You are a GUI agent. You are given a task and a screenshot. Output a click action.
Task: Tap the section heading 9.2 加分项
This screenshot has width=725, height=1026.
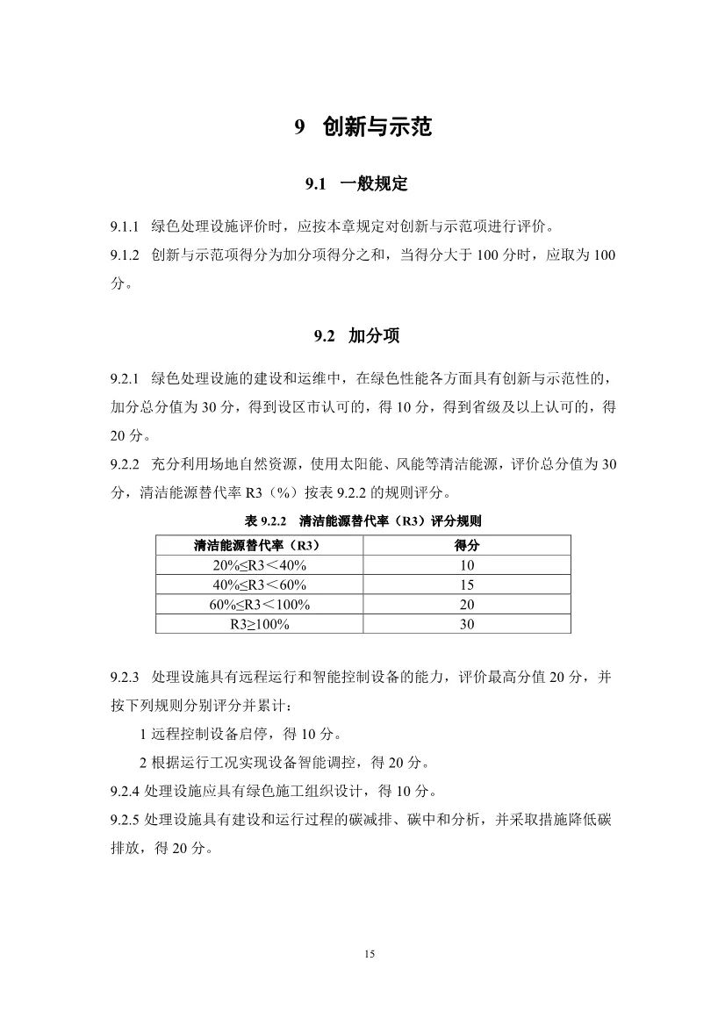click(x=362, y=335)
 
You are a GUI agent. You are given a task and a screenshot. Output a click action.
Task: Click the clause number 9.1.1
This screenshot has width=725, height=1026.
click(x=126, y=227)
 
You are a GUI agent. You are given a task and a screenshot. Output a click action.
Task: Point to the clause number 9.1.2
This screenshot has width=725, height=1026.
click(x=126, y=255)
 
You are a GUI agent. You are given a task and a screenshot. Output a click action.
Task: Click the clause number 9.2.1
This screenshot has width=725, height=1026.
click(x=126, y=378)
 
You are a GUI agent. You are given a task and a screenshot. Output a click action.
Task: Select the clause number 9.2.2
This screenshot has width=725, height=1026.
click(x=126, y=463)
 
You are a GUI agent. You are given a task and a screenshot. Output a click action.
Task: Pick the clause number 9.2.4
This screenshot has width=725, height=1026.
click(x=126, y=791)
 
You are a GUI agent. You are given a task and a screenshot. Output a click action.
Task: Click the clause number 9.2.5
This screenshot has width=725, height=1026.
click(x=126, y=820)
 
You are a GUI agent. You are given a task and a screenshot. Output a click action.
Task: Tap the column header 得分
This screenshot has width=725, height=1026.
click(x=466, y=546)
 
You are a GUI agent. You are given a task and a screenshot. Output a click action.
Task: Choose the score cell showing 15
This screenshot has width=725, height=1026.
click(x=466, y=585)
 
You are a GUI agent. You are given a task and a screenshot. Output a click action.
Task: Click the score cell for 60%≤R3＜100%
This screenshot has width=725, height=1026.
click(x=466, y=605)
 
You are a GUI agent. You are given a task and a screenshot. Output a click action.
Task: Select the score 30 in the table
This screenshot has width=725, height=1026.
click(x=466, y=624)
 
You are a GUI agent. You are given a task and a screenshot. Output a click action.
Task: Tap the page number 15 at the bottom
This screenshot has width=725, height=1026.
click(x=370, y=954)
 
